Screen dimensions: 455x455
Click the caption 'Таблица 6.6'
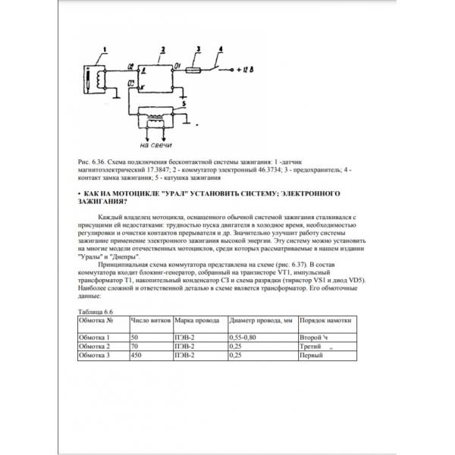pos(95,312)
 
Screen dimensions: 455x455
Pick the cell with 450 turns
pos(136,353)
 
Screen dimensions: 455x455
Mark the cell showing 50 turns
pos(135,336)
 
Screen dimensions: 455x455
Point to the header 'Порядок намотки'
pos(328,322)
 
